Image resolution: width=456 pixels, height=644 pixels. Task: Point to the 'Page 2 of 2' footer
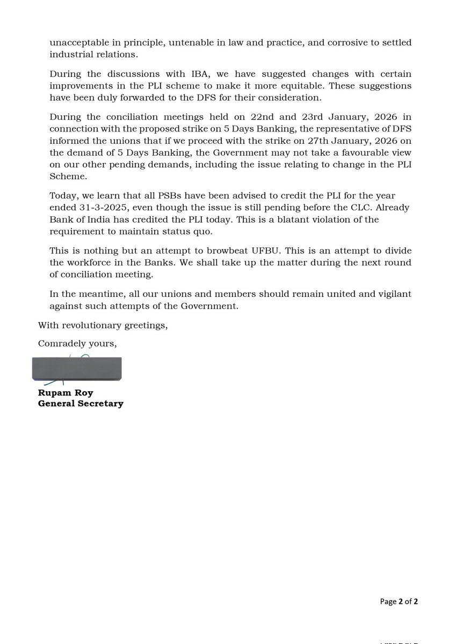pos(399,602)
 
